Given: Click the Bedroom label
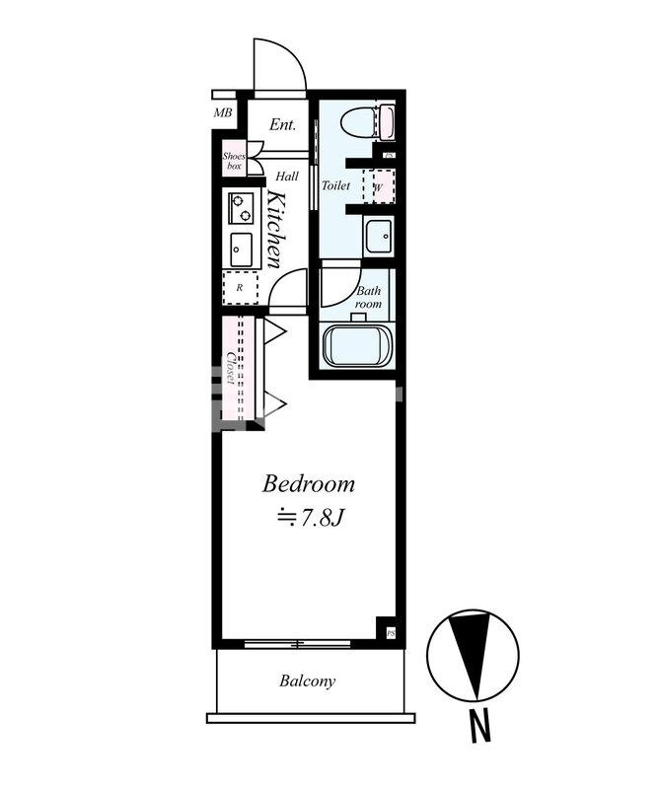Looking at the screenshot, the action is (x=308, y=484).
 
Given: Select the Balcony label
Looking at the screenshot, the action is (x=307, y=681).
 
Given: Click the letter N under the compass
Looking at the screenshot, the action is (x=480, y=726).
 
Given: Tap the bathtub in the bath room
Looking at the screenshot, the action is (x=358, y=346).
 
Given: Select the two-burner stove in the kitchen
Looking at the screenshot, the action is (x=241, y=208).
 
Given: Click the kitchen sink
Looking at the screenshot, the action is (x=241, y=251).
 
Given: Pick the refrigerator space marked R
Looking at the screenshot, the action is (x=241, y=287).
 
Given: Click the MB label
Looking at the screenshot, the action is (x=223, y=112).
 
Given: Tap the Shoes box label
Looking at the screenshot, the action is (x=234, y=161).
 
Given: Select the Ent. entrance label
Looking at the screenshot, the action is (x=282, y=124).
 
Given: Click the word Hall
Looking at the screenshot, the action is (x=287, y=177).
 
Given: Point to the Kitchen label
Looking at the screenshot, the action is (x=275, y=229).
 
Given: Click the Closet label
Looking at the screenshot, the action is (x=231, y=367).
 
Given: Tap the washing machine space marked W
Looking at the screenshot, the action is (x=379, y=186).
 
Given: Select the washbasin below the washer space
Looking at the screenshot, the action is (x=379, y=237).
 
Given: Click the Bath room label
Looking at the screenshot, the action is (x=369, y=298).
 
